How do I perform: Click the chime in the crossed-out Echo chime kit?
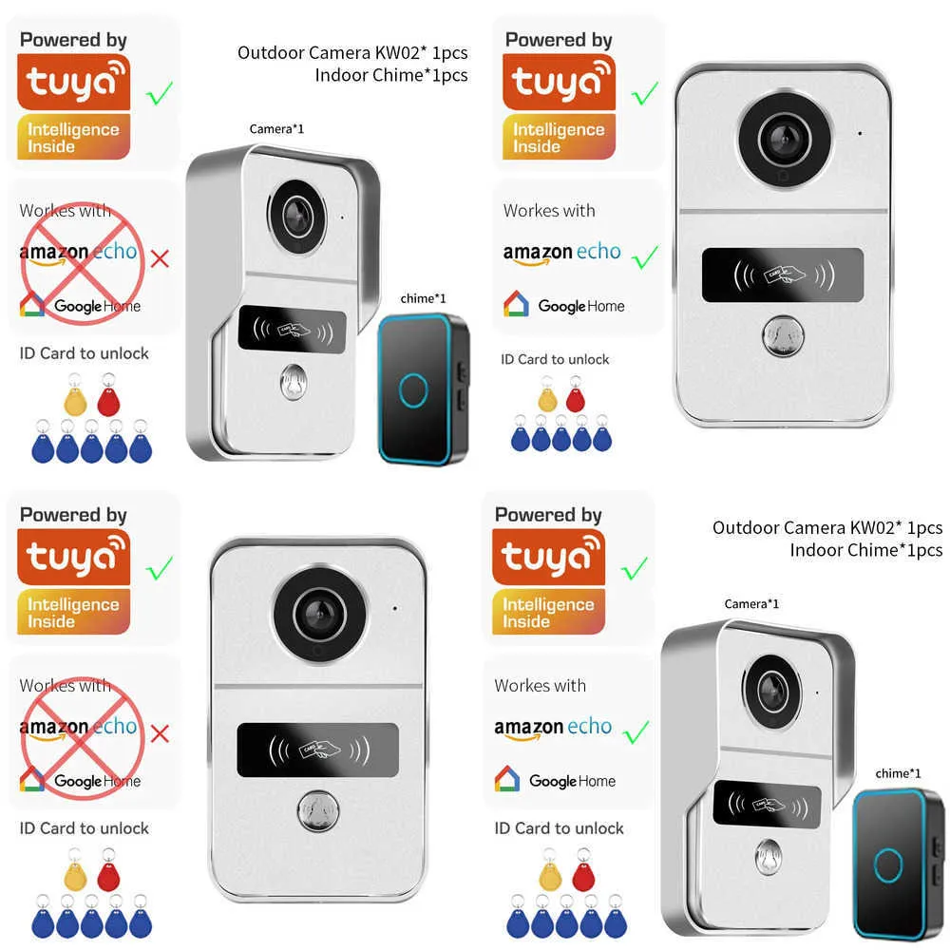coord(424,389)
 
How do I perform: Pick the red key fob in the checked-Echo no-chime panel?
coord(575,397)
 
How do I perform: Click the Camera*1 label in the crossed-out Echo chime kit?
coord(276,128)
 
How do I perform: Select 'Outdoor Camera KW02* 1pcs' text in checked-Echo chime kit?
coord(827,527)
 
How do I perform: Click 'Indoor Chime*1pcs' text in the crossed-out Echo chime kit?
coord(391,75)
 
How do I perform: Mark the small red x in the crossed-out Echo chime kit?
coord(161,256)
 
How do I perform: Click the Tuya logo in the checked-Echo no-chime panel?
coord(559,84)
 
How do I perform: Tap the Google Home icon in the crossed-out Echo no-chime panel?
coord(31,779)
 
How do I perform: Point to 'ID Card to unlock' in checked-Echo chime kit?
coord(559,828)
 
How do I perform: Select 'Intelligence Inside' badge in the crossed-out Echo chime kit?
coord(73,138)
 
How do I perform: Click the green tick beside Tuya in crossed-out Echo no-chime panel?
coord(159,568)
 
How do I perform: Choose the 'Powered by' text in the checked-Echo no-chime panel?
coord(559,40)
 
